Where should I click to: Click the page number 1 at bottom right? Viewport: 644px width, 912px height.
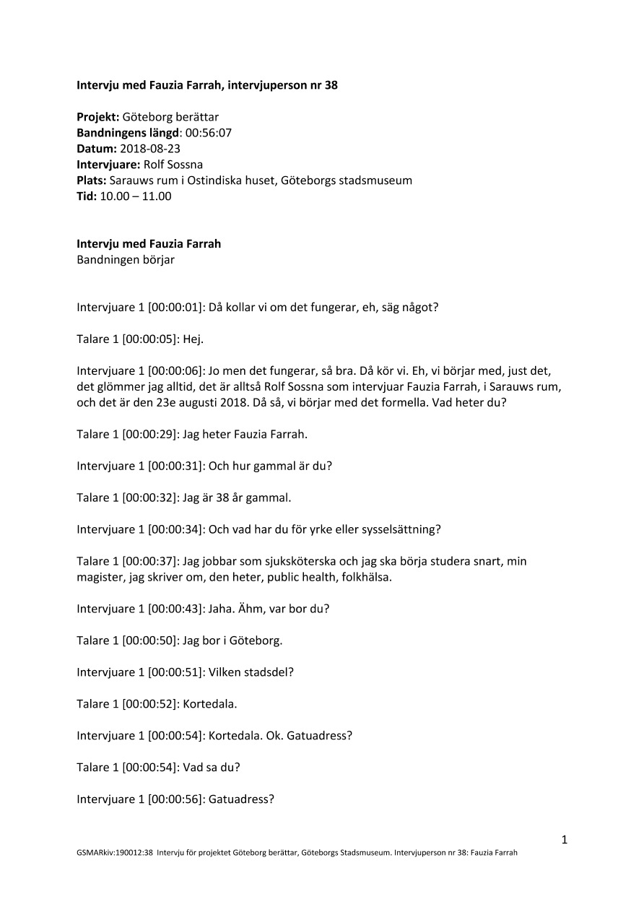(x=565, y=839)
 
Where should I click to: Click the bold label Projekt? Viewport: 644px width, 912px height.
(x=98, y=117)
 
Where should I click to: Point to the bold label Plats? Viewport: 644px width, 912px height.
(x=92, y=181)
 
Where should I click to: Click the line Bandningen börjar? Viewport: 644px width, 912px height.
(x=125, y=260)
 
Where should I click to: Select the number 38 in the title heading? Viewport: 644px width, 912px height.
(x=331, y=85)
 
